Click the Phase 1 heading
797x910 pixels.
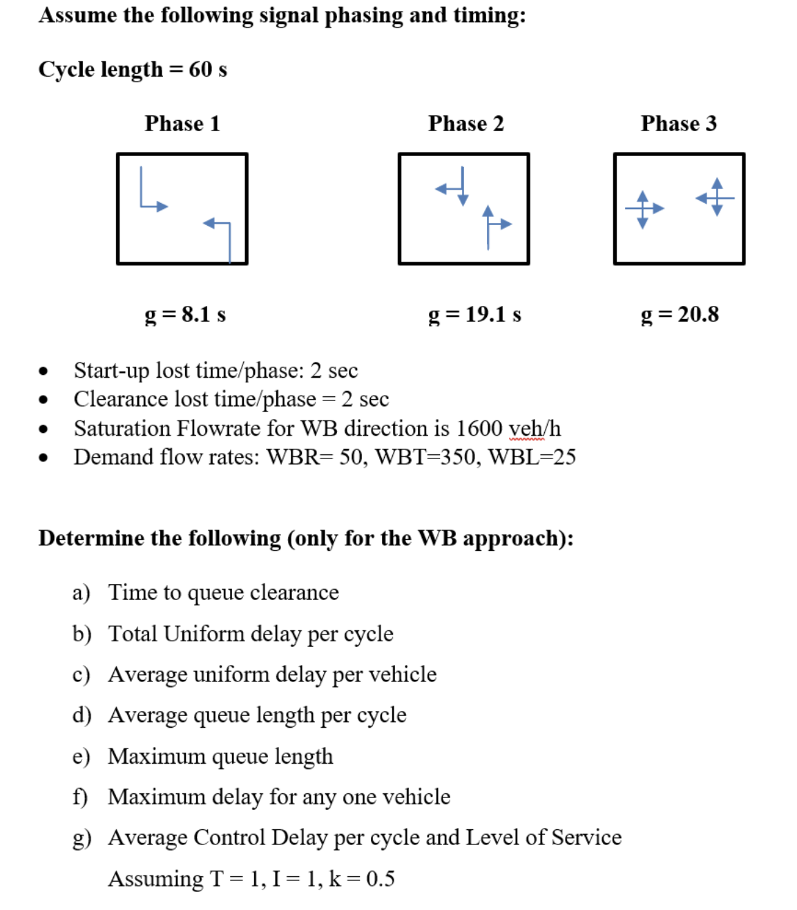click(182, 124)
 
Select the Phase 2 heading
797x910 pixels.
click(466, 124)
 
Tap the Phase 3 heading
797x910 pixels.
click(679, 124)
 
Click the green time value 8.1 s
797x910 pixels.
click(204, 314)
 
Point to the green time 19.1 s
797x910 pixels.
click(493, 314)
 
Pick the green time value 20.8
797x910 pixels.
click(698, 314)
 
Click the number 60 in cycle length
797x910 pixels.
click(200, 69)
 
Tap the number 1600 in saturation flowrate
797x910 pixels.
click(479, 428)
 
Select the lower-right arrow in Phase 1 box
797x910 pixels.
click(219, 235)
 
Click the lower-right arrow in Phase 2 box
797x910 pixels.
click(494, 225)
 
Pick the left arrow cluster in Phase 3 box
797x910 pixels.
click(644, 209)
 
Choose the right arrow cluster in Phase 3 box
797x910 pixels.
click(716, 197)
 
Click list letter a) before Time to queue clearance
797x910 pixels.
click(81, 592)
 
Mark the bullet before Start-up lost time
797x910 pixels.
click(44, 371)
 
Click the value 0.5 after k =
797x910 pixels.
click(381, 879)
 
